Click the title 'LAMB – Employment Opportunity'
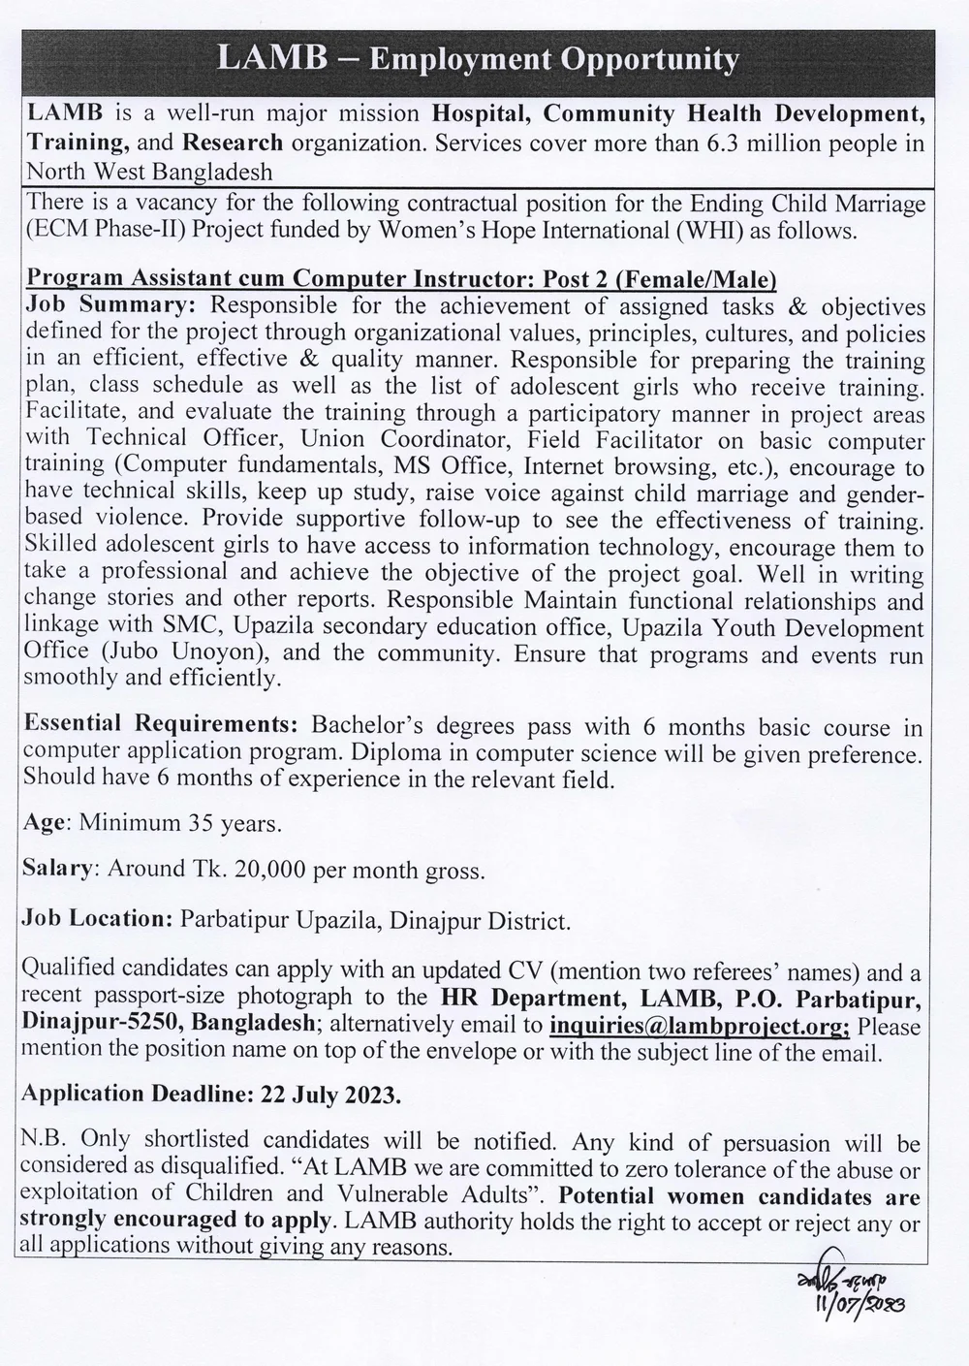click(478, 59)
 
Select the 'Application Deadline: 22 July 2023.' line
click(211, 1094)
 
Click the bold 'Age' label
click(45, 823)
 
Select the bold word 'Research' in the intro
click(233, 143)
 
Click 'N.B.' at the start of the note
click(46, 1141)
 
